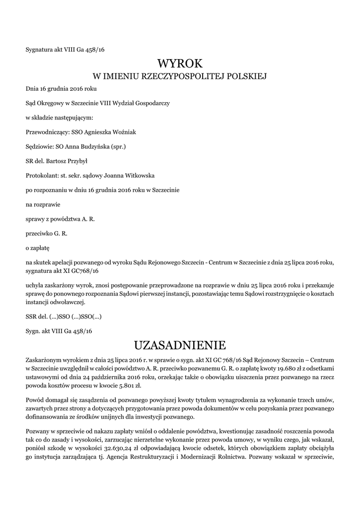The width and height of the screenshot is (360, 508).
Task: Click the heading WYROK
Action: pos(180,63)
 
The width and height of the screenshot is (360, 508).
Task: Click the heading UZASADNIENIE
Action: pos(180,344)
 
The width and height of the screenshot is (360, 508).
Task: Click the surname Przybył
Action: pos(75,161)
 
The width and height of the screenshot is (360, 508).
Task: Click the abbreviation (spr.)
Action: pos(118,146)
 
